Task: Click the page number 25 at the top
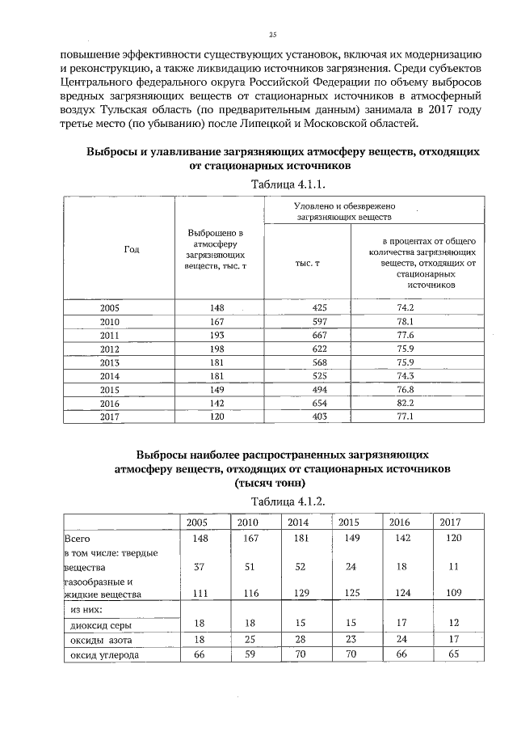273,34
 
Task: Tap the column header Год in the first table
132,249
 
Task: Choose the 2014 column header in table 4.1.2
299,522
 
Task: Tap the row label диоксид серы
99,624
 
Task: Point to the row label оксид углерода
102,655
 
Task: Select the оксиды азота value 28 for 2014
299,640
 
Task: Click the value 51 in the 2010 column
248,568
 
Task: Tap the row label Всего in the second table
75,537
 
